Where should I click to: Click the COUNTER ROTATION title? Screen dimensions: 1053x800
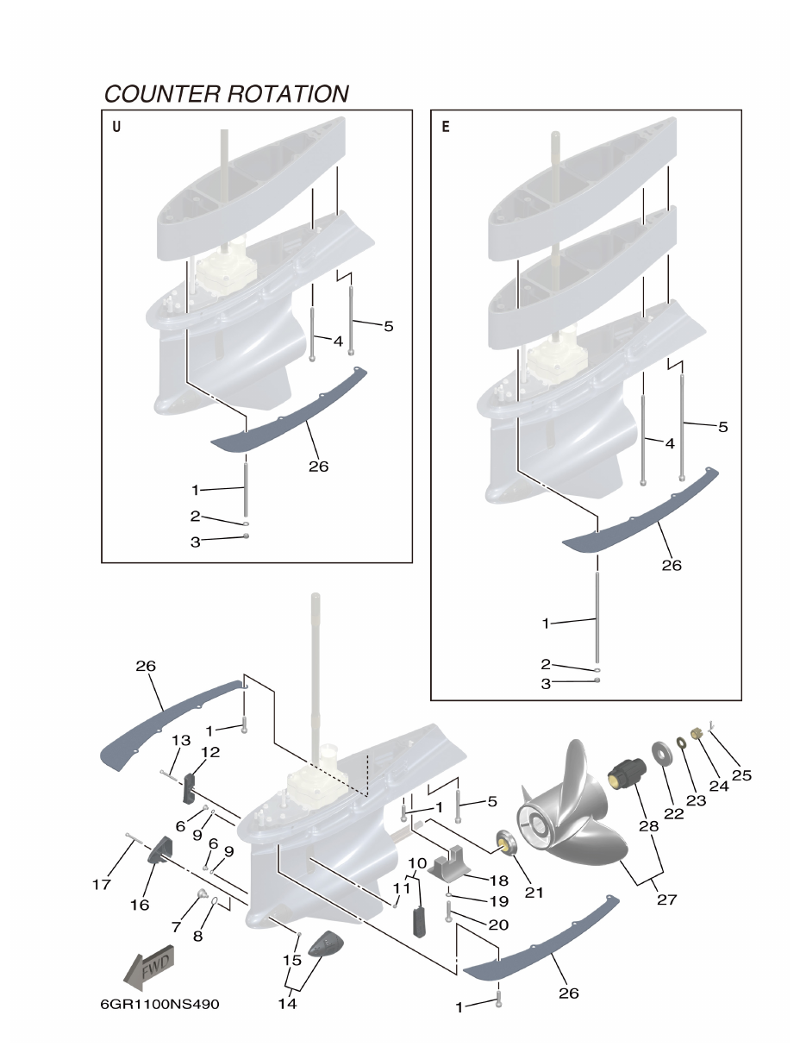point(226,93)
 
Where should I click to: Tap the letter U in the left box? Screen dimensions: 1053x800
point(116,128)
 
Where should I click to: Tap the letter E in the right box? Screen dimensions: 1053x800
point(446,128)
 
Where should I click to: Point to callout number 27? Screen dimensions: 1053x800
point(666,899)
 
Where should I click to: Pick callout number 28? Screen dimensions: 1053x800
point(648,825)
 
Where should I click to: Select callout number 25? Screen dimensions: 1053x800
point(741,775)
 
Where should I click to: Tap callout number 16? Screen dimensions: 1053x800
point(139,905)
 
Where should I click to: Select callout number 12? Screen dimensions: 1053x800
point(209,752)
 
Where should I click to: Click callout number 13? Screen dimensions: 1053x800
point(180,740)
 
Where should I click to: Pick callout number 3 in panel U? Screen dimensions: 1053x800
point(196,542)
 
